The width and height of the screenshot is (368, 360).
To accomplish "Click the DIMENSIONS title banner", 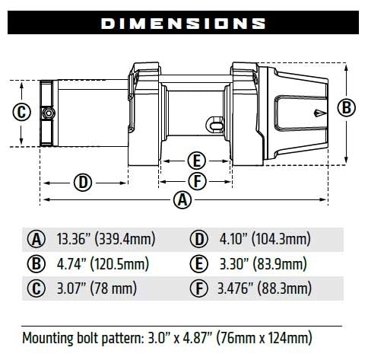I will [x=183, y=23].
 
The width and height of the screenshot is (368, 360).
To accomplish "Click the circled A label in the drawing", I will [x=182, y=201].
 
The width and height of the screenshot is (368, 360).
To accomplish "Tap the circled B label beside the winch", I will [x=347, y=107].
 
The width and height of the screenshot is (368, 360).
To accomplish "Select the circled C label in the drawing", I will [x=22, y=113].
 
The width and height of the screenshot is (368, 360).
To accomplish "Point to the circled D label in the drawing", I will [x=83, y=182].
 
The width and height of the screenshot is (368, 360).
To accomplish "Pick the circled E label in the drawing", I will [x=195, y=161].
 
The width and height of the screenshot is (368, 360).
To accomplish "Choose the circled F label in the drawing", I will [x=195, y=181].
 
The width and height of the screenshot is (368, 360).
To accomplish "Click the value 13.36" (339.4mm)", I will [x=106, y=240].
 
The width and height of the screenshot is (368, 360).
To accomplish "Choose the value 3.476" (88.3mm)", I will [x=264, y=288].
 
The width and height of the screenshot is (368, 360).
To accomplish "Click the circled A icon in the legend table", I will [x=36, y=240].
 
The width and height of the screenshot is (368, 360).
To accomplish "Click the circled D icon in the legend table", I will [x=198, y=240].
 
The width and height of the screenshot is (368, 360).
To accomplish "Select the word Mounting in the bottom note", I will [x=49, y=336].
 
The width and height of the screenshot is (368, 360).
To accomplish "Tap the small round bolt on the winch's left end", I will [x=48, y=113].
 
